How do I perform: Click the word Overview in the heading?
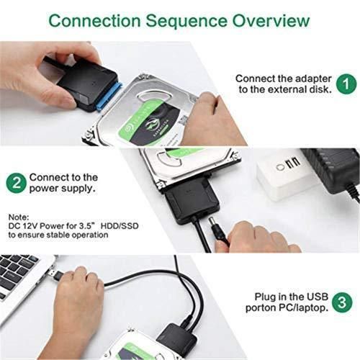pos(260,20)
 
